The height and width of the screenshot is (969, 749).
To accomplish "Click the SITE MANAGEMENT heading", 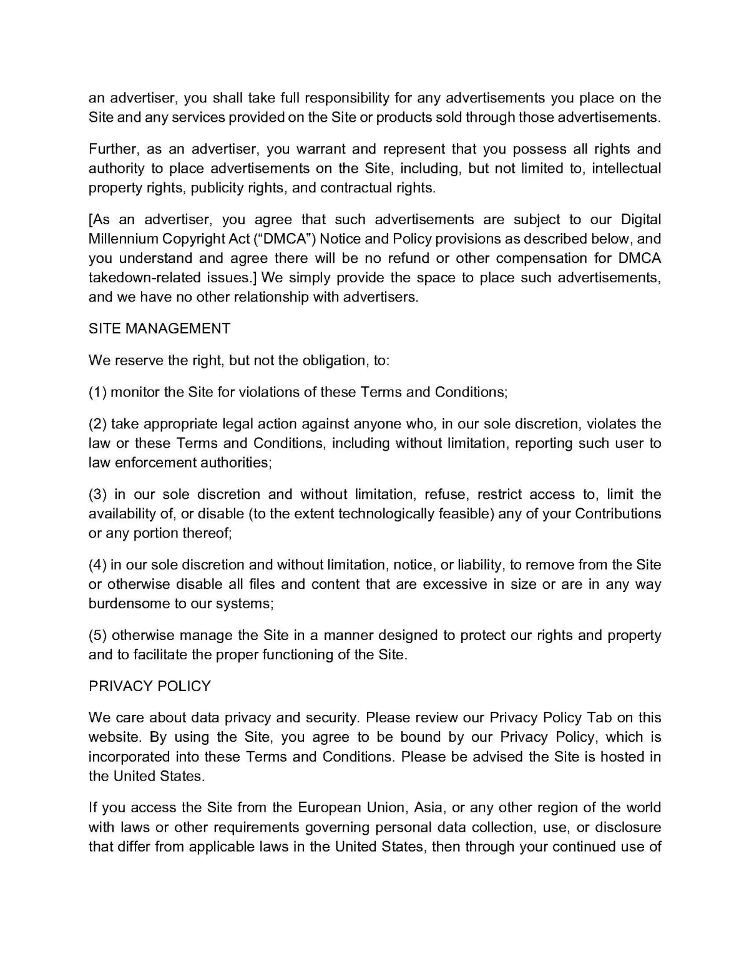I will (x=159, y=328).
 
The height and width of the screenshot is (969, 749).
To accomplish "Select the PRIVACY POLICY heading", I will (x=150, y=686).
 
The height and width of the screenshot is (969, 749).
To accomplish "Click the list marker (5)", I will (x=98, y=636).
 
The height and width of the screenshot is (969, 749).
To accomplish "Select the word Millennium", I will (x=123, y=239).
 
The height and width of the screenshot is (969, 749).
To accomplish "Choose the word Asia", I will (x=428, y=808).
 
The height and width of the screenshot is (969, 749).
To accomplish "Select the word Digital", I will (x=641, y=220).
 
